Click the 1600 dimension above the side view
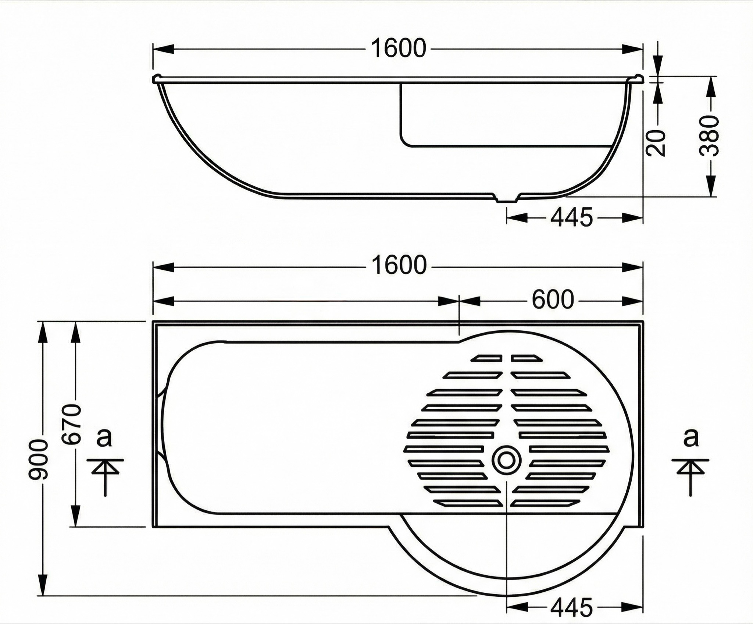pyautogui.click(x=399, y=49)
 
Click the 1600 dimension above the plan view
pyautogui.click(x=399, y=265)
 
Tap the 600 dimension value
pyautogui.click(x=553, y=299)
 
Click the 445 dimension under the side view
pyautogui.click(x=572, y=217)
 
